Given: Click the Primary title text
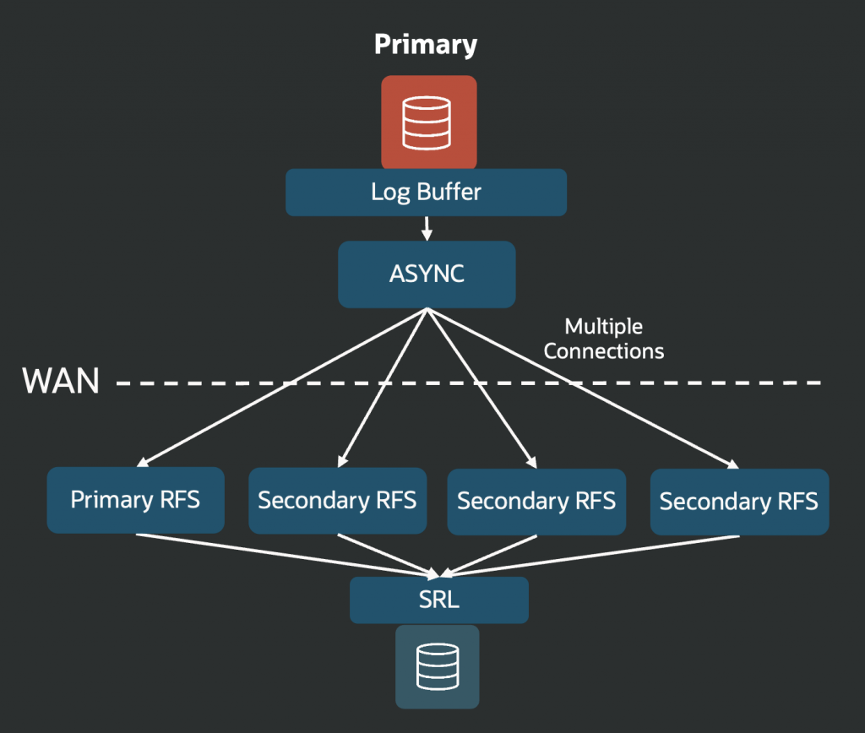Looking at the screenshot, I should point(426,44).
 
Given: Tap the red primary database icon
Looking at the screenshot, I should point(428,122).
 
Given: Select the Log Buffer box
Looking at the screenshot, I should point(426,193).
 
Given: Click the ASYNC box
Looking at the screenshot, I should point(427,274).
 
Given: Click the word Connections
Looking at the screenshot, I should point(603,351).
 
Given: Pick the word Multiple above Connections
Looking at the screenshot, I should point(603,327).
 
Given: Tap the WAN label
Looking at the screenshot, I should point(61,382).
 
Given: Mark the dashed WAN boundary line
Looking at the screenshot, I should point(676,383).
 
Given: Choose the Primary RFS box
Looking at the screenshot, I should point(135,500).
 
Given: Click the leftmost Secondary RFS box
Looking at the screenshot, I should point(337,501).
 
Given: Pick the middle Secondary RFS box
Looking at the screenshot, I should point(536,502).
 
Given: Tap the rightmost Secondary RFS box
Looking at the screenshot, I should point(739,502).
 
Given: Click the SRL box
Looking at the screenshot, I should point(439,600).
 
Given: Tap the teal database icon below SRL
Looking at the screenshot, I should point(437,666).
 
